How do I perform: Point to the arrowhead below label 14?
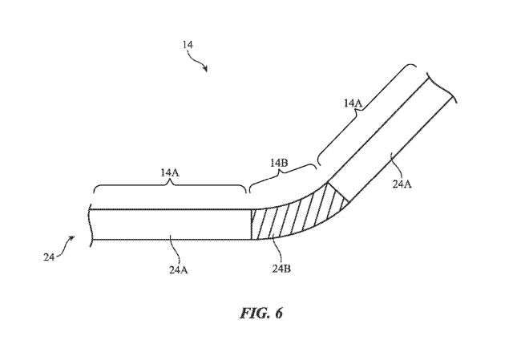[205, 70]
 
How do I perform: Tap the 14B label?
[278, 163]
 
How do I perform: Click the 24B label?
[281, 268]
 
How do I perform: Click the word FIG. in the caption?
[250, 313]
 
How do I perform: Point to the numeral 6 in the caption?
[278, 313]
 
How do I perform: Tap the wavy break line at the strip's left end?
[91, 224]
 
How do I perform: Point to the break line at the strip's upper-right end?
[443, 89]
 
